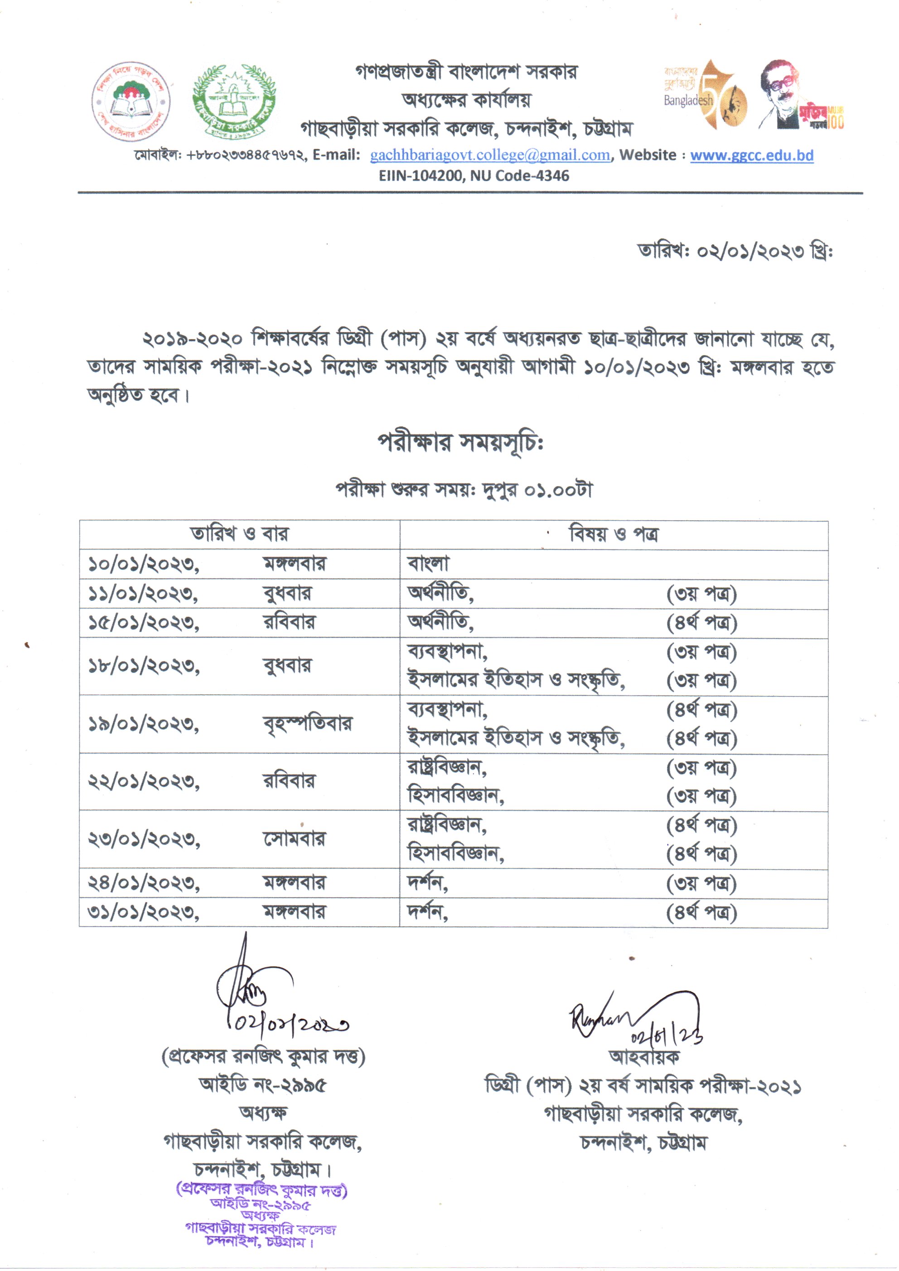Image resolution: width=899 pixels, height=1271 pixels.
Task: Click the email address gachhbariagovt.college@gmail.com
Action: (x=490, y=155)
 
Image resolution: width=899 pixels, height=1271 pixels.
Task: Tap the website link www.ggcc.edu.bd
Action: (x=751, y=155)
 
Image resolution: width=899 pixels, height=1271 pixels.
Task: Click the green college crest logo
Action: (x=234, y=100)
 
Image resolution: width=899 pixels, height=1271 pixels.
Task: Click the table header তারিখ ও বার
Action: (x=239, y=534)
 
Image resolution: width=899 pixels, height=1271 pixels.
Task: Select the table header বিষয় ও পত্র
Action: (x=614, y=534)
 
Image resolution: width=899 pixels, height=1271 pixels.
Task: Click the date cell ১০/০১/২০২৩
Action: (x=143, y=564)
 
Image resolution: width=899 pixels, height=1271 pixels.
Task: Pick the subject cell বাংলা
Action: (x=429, y=564)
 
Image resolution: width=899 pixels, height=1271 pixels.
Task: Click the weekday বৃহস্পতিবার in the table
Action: (x=307, y=724)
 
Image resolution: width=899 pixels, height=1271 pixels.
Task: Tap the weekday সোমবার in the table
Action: (x=294, y=839)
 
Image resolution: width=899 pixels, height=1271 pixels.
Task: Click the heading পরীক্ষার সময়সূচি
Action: (x=460, y=442)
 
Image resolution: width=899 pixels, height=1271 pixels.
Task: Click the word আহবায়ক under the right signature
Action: (x=644, y=1057)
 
